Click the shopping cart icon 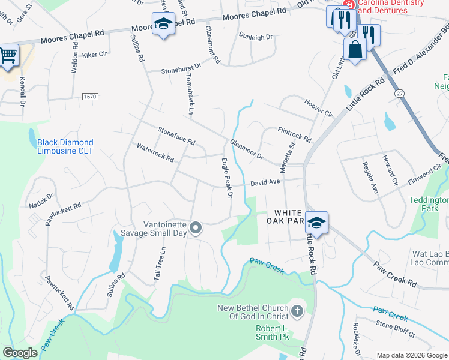(x=8, y=56)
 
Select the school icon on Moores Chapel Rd (x=163, y=25)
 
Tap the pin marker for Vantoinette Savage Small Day (x=195, y=227)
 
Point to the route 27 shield (x=399, y=93)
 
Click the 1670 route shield (x=90, y=97)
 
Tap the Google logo (x=20, y=353)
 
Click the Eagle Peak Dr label (x=227, y=178)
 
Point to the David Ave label (x=265, y=182)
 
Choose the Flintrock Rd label (x=295, y=134)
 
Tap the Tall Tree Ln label (x=159, y=264)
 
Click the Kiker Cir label (x=95, y=54)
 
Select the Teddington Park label (x=429, y=204)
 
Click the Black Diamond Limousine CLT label (x=65, y=146)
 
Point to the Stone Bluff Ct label (x=396, y=325)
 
